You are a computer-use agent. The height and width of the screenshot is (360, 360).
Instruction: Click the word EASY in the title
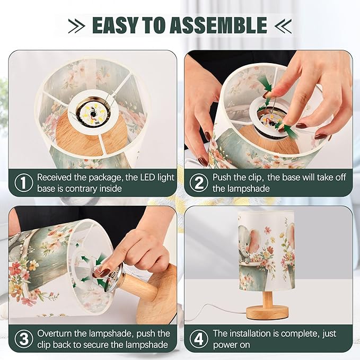[x=115, y=25]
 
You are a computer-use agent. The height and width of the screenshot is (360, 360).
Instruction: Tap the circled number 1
[x=24, y=183]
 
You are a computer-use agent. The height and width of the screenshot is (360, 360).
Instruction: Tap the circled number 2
[x=199, y=183]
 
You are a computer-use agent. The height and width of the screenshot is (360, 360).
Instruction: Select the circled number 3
[x=24, y=339]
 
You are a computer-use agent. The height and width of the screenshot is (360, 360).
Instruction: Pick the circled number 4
[x=199, y=339]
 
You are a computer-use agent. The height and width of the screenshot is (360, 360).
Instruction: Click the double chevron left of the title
[x=77, y=25]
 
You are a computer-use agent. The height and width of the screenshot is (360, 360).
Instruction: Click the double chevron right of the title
[x=283, y=25]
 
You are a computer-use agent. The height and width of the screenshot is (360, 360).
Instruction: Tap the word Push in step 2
[x=222, y=177]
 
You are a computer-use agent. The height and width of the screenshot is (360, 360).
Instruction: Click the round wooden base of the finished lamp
[x=267, y=313]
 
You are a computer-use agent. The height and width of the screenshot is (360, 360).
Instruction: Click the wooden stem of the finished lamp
[x=267, y=298]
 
